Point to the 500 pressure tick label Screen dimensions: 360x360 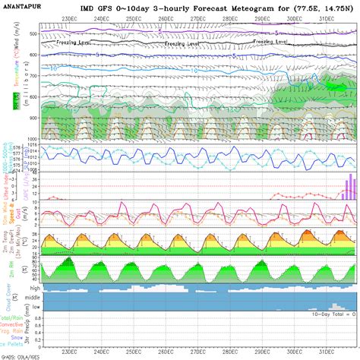[33, 35]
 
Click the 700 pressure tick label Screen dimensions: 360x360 [33, 77]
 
